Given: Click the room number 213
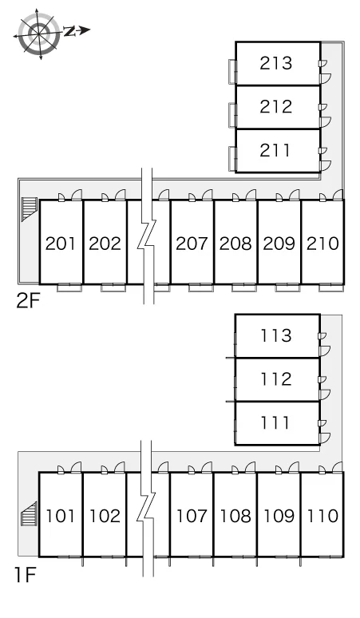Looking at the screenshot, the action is [x=275, y=63].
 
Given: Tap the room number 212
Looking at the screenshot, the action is [x=275, y=106].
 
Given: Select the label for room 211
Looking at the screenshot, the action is [x=275, y=150].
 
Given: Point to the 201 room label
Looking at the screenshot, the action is [x=60, y=244].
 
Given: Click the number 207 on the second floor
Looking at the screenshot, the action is [x=192, y=244].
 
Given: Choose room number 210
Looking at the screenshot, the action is [x=322, y=244].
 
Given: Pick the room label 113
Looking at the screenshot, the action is [x=275, y=335].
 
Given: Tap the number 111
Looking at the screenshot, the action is [x=275, y=422].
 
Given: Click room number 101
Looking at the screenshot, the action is [x=60, y=516].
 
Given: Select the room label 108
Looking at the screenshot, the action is [x=235, y=516].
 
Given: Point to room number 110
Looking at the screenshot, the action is [x=322, y=516].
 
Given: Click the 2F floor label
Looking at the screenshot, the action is [x=28, y=302].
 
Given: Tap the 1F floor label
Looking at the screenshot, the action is [x=26, y=575].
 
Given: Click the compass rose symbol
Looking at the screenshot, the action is [x=38, y=34].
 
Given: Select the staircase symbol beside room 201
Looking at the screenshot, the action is [x=30, y=209].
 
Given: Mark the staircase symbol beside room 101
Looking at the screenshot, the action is [x=30, y=514].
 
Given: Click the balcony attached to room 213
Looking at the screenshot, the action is [x=233, y=71].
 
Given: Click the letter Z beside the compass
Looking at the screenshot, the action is [x=70, y=31].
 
